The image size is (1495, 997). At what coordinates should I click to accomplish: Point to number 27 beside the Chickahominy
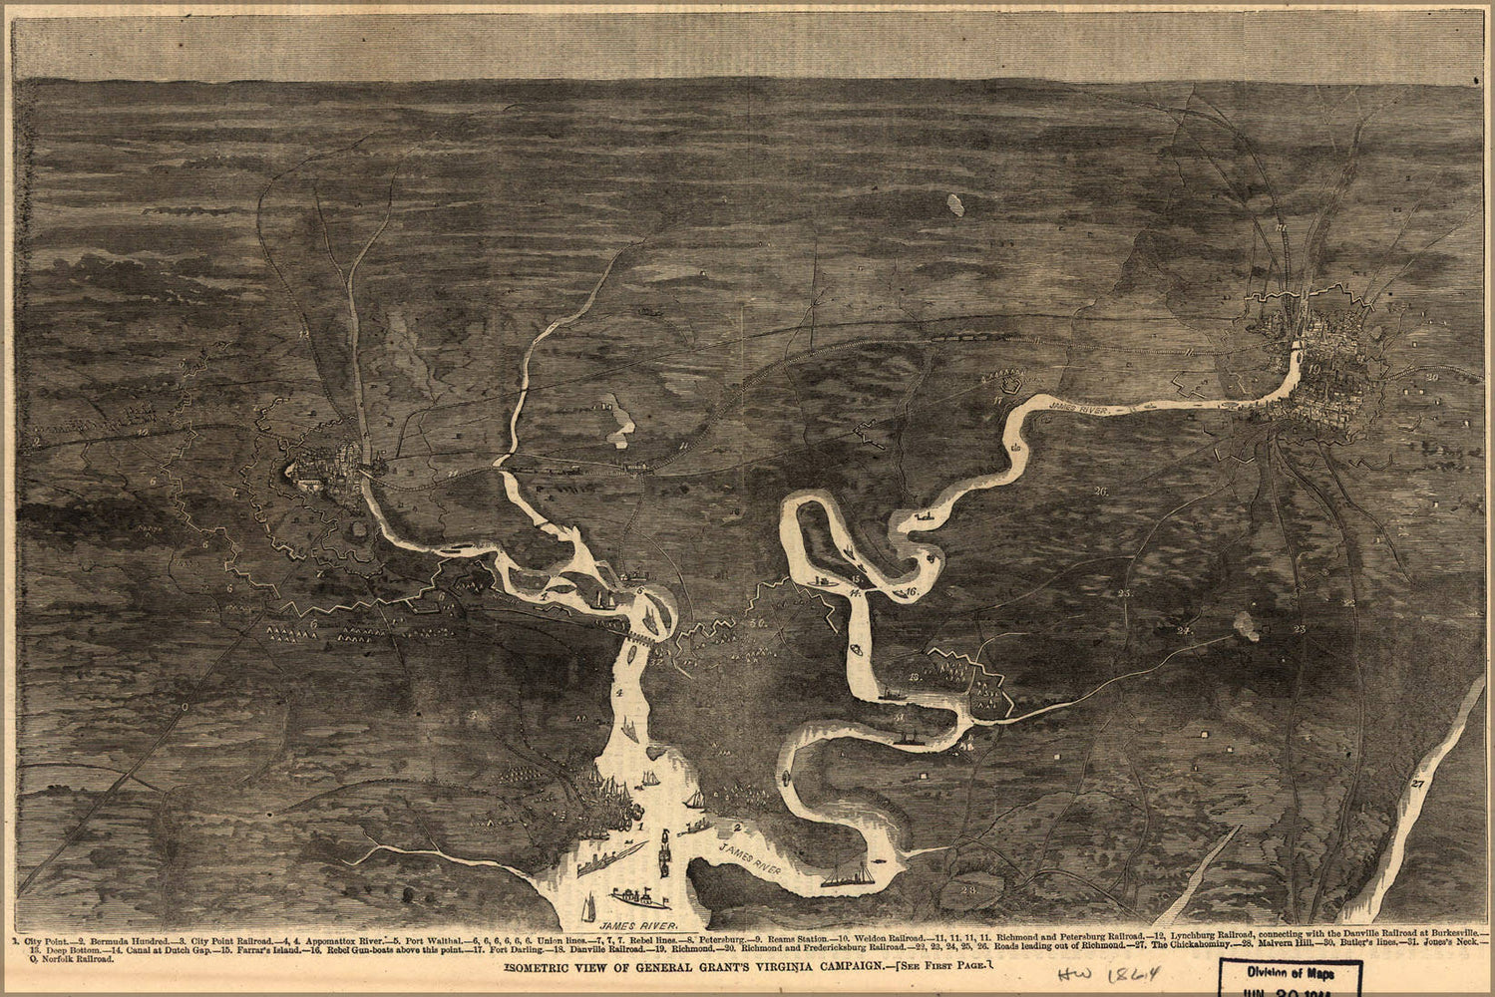[x=1417, y=785]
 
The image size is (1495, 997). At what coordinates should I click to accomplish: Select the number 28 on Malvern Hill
[x=966, y=888]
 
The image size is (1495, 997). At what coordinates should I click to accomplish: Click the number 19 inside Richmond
[x=1314, y=369]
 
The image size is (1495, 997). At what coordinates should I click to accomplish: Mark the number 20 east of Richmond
[x=1432, y=377]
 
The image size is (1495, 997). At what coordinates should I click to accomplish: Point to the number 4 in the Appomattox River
[x=619, y=692]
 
